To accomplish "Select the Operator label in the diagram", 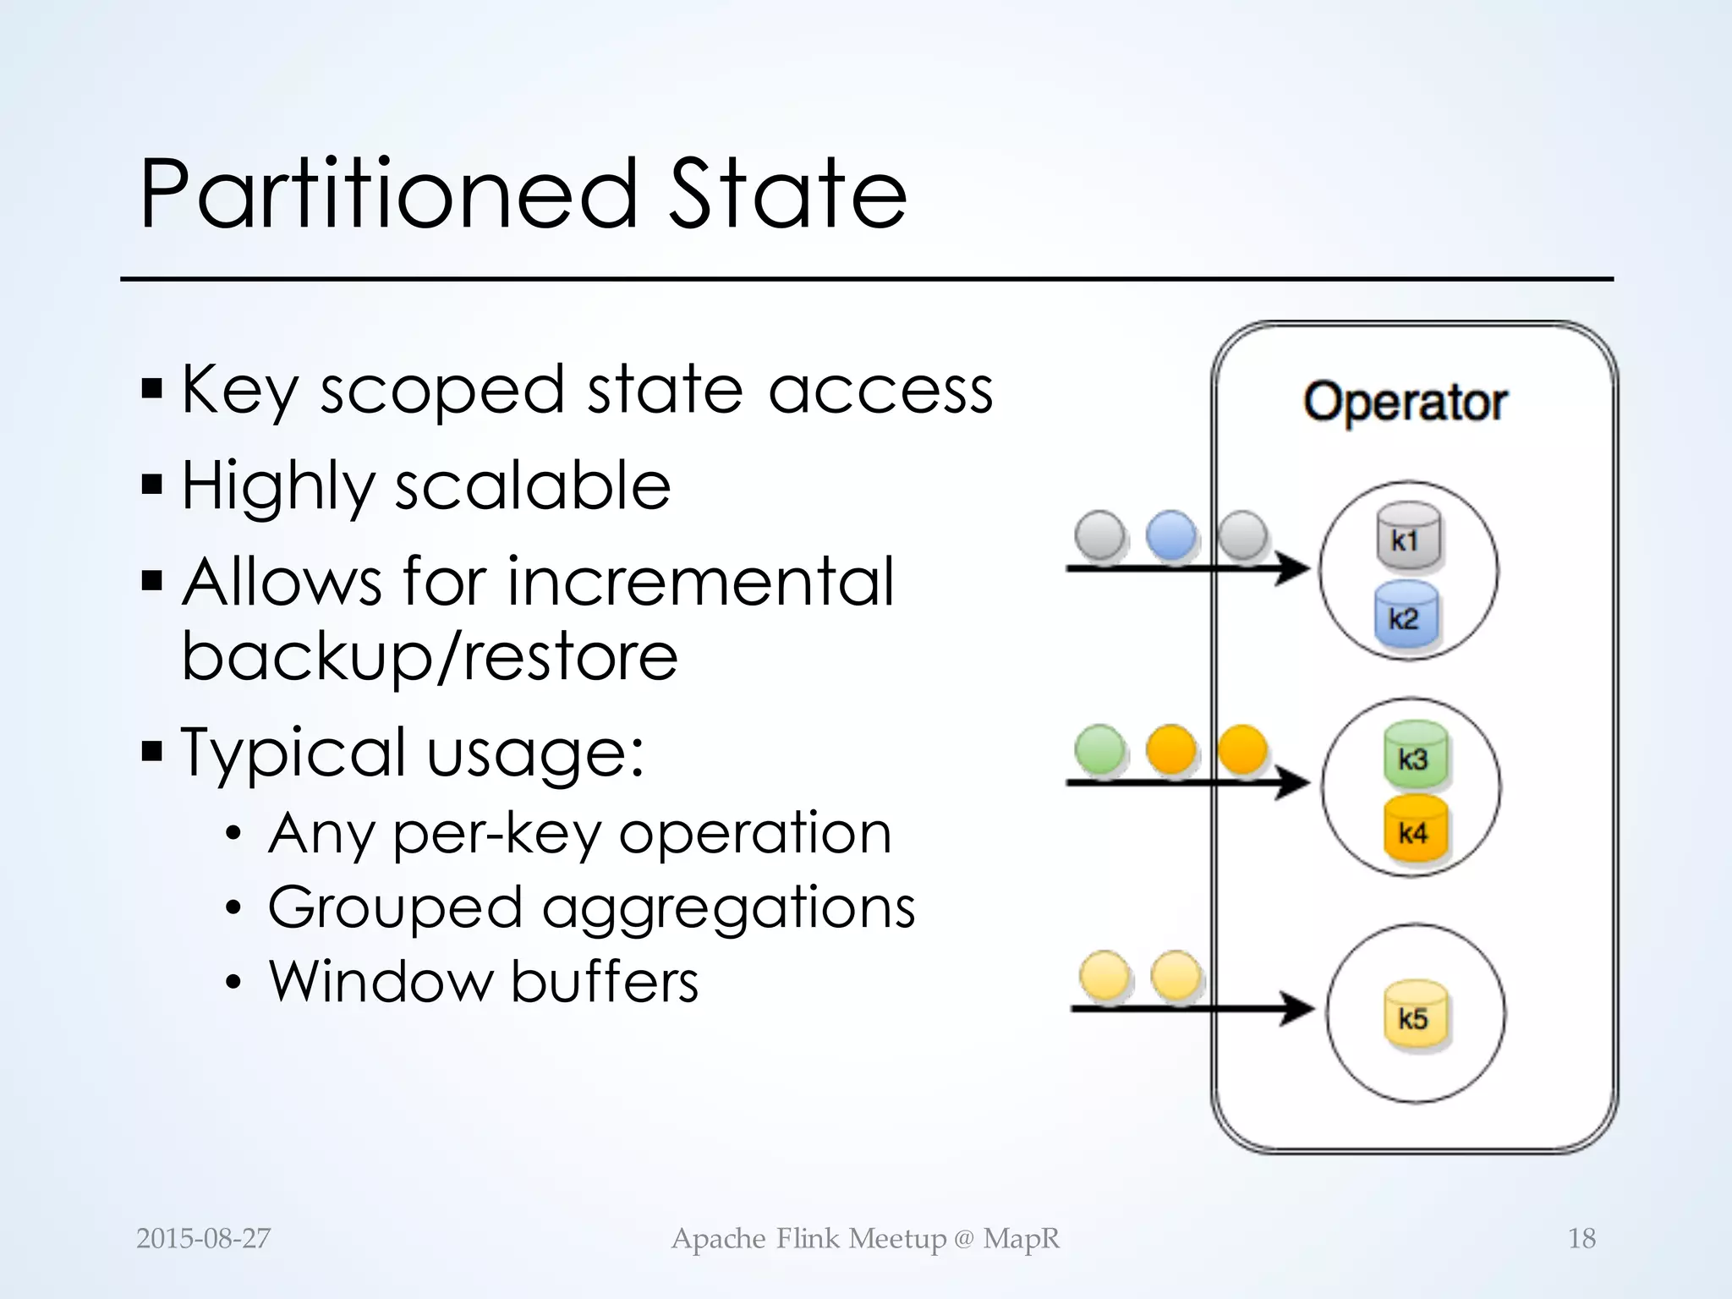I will pyautogui.click(x=1405, y=402).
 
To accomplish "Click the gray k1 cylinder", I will pyautogui.click(x=1406, y=538).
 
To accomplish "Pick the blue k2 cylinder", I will pyautogui.click(x=1406, y=616).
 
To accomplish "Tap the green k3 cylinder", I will pyautogui.click(x=1415, y=755).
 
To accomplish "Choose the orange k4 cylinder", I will pyautogui.click(x=1415, y=830).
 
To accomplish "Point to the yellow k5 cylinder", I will pyautogui.click(x=1415, y=1016).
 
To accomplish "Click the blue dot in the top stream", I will pyautogui.click(x=1171, y=535).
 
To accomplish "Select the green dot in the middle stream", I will pyautogui.click(x=1099, y=749).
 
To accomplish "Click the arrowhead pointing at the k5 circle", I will pyautogui.click(x=1296, y=1008).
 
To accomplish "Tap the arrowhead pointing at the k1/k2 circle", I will pyautogui.click(x=1291, y=567).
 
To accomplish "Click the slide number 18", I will pyautogui.click(x=1581, y=1239).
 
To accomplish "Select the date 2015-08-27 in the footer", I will pyautogui.click(x=203, y=1239).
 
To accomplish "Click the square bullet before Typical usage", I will pyautogui.click(x=152, y=750).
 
